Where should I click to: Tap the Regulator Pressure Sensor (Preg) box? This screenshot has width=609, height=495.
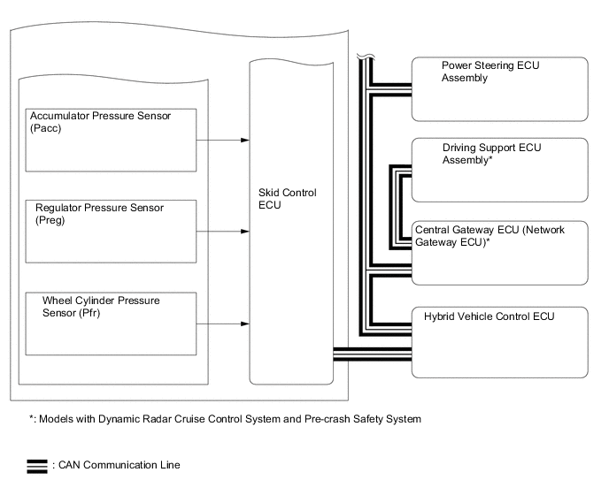(110, 231)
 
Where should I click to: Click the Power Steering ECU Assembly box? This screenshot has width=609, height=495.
(499, 88)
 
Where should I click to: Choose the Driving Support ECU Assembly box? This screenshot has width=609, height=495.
(499, 170)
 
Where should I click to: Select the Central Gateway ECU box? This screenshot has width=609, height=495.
(499, 252)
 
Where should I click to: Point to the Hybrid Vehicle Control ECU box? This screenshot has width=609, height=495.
(499, 341)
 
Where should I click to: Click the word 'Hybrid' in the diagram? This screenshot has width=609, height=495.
(440, 316)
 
